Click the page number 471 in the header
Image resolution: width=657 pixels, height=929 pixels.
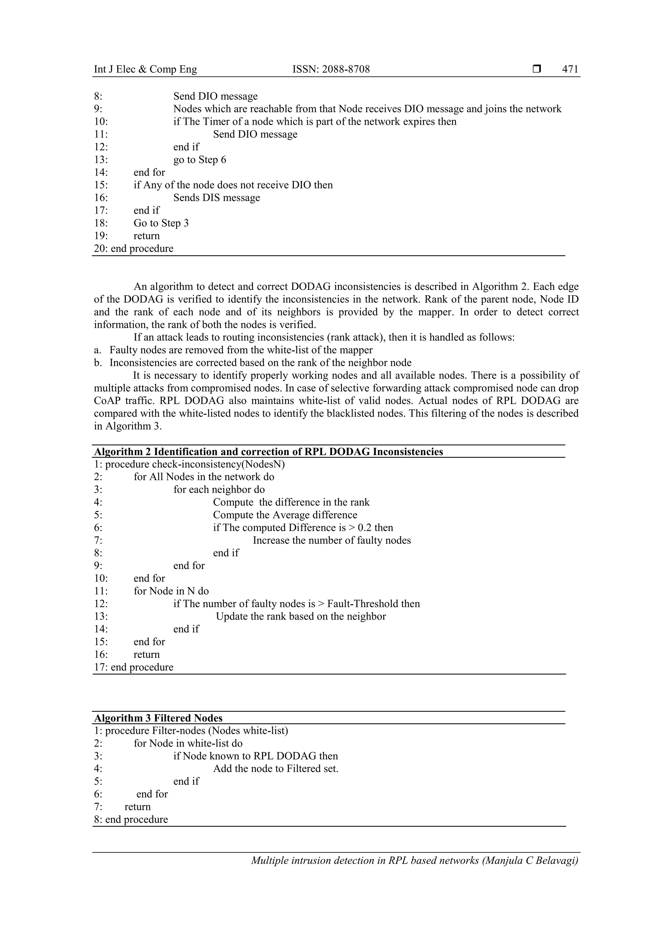[570, 69]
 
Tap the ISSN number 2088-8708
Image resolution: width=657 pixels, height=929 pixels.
[346, 69]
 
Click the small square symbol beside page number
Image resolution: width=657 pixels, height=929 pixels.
[537, 69]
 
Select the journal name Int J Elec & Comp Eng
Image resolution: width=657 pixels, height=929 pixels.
[145, 69]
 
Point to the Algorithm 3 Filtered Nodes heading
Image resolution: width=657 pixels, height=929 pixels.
[158, 730]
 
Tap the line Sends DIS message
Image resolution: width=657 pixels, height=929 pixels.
[217, 198]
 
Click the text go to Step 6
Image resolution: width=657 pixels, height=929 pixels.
[200, 159]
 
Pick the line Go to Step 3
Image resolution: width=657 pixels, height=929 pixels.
[161, 223]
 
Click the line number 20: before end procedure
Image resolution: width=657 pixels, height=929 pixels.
[101, 249]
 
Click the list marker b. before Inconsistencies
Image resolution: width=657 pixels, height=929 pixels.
[98, 363]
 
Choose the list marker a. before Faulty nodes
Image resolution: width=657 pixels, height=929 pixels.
[98, 350]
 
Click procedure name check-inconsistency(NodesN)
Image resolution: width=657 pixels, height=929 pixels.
[218, 464]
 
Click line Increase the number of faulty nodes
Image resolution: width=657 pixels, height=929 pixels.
[331, 540]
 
